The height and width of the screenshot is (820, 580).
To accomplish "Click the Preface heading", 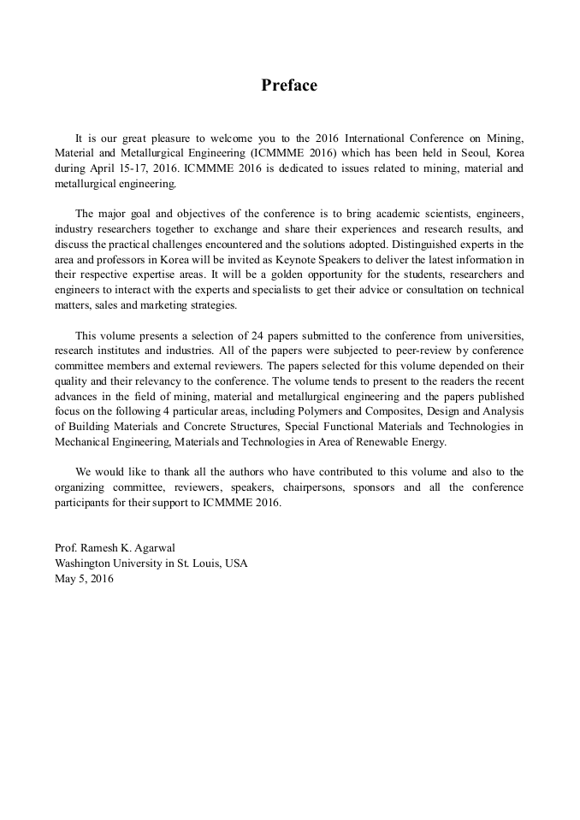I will pyautogui.click(x=289, y=86).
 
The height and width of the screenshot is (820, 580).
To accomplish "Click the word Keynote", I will pyautogui.click(x=283, y=260).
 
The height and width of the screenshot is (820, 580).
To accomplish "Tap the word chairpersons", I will pyautogui.click(x=305, y=487).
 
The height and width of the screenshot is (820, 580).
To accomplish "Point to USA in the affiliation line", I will pyautogui.click(x=234, y=563).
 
